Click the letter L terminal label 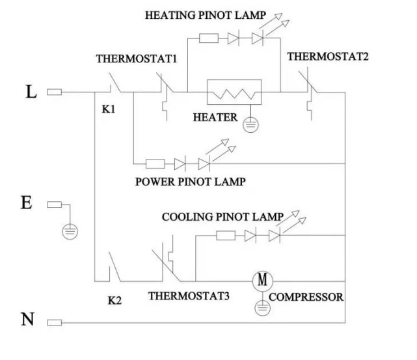[31, 91]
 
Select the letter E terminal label [27, 202]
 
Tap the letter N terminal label [28, 320]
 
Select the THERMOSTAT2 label [328, 57]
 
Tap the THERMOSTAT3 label [189, 295]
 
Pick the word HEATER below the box [215, 118]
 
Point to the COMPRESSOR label [306, 298]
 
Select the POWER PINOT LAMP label [190, 182]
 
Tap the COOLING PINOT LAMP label [222, 217]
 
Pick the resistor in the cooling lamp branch [227, 235]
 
